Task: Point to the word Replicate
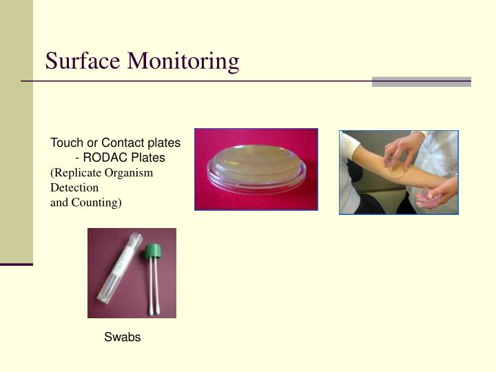79,173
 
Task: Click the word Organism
131,173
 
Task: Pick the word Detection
74,187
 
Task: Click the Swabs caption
123,338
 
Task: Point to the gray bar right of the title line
421,81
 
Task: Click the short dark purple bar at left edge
17,264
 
